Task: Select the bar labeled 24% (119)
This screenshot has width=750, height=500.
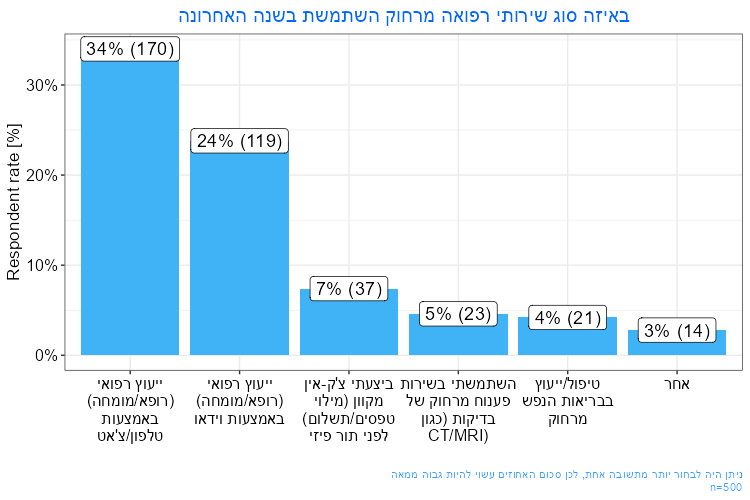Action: [239, 250]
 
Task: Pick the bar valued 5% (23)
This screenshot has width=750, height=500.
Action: [458, 336]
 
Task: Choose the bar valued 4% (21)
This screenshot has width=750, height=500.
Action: [568, 338]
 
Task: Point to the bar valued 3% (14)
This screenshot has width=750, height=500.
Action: [677, 343]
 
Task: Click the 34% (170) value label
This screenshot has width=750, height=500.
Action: [130, 49]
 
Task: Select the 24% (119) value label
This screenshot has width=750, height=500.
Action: [239, 141]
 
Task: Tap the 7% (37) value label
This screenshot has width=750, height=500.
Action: [349, 289]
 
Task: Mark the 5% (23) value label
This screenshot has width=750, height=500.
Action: [458, 314]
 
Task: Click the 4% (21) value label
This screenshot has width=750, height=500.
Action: [568, 318]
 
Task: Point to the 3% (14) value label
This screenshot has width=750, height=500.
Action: [677, 331]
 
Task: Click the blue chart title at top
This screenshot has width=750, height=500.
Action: [404, 16]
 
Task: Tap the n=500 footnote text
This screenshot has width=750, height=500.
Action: [724, 486]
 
